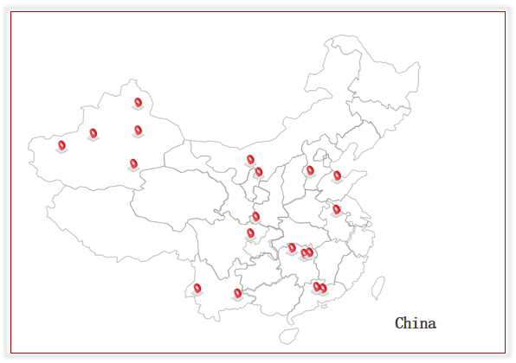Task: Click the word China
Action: (416, 323)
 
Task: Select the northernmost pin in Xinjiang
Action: (139, 103)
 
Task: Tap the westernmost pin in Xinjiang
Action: (61, 146)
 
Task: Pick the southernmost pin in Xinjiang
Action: (133, 164)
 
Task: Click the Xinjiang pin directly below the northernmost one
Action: (139, 131)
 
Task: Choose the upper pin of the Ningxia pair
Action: (250, 160)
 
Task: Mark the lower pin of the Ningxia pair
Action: (259, 173)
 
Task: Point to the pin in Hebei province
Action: (310, 171)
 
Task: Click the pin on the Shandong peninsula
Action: (338, 176)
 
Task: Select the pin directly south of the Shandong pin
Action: (336, 210)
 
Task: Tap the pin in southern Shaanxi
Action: (255, 217)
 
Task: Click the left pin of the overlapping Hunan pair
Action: (304, 254)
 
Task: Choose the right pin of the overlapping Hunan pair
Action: (310, 253)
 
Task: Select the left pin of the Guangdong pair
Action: (316, 287)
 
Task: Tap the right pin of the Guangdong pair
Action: (324, 289)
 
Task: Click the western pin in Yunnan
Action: (197, 289)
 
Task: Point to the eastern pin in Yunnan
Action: (237, 294)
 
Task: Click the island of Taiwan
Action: (378, 288)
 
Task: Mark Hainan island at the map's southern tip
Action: (289, 335)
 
